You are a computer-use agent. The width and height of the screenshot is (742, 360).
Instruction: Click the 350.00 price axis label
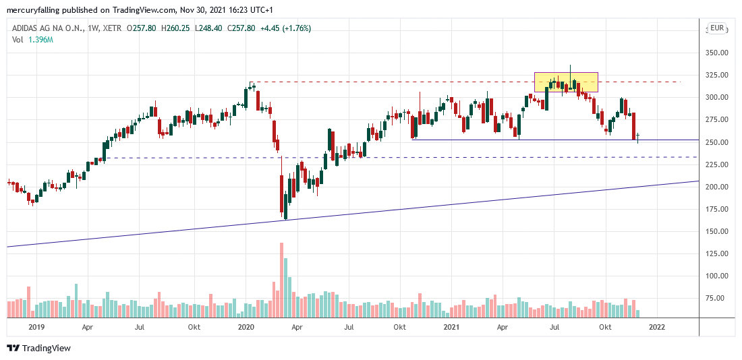tap(716, 53)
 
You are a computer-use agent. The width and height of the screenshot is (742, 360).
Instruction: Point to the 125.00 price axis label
tap(716, 253)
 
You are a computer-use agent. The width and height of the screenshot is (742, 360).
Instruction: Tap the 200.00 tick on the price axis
tap(716, 187)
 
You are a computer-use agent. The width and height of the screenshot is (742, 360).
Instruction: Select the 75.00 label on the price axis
tap(716, 298)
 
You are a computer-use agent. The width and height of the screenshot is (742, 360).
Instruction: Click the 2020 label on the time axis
tap(246, 327)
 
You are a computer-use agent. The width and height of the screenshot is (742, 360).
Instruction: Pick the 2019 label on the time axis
tap(36, 327)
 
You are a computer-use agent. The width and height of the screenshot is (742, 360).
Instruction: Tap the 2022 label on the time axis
tap(656, 327)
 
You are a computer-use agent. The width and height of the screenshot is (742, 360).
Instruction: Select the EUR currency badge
tap(716, 28)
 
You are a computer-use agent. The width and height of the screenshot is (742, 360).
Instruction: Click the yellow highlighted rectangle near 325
tap(566, 82)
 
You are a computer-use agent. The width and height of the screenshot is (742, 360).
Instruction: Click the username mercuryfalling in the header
tap(33, 10)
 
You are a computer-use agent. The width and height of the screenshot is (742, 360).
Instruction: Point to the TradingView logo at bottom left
tap(38, 348)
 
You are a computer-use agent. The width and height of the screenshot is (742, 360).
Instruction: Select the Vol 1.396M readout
tap(32, 40)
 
